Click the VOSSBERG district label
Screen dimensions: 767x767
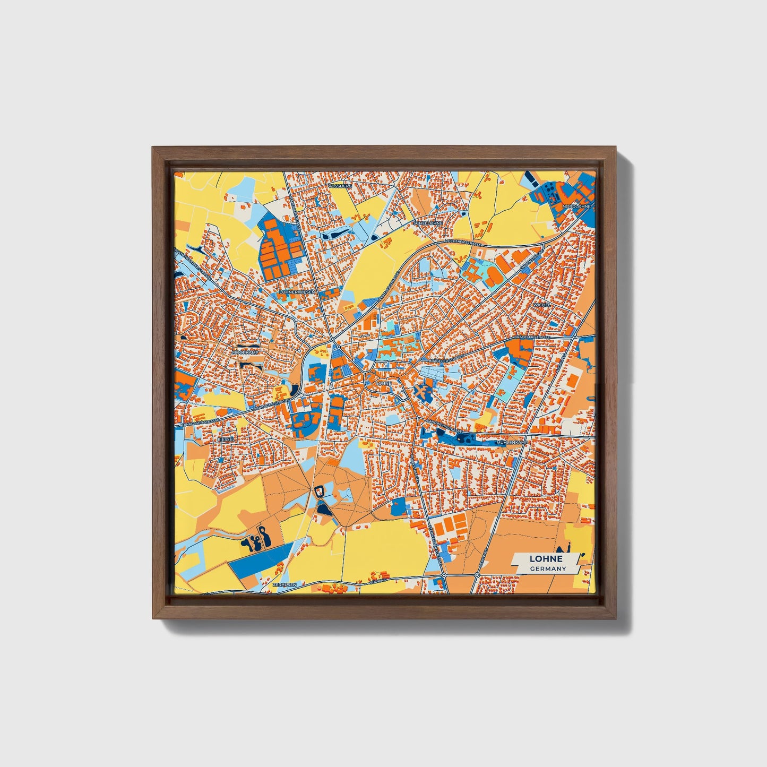[340, 187]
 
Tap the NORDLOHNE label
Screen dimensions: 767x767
[576, 205]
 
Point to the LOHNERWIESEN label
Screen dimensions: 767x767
[297, 292]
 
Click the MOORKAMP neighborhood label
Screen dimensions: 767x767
[245, 352]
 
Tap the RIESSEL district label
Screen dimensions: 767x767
[226, 439]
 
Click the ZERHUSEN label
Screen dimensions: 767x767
[283, 584]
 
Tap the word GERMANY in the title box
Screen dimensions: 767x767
[548, 568]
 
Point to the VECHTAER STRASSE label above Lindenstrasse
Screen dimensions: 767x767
[464, 243]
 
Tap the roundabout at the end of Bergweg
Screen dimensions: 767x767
[477, 575]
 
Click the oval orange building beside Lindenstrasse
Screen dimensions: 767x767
[493, 275]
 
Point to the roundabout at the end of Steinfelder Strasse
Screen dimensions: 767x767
[444, 575]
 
